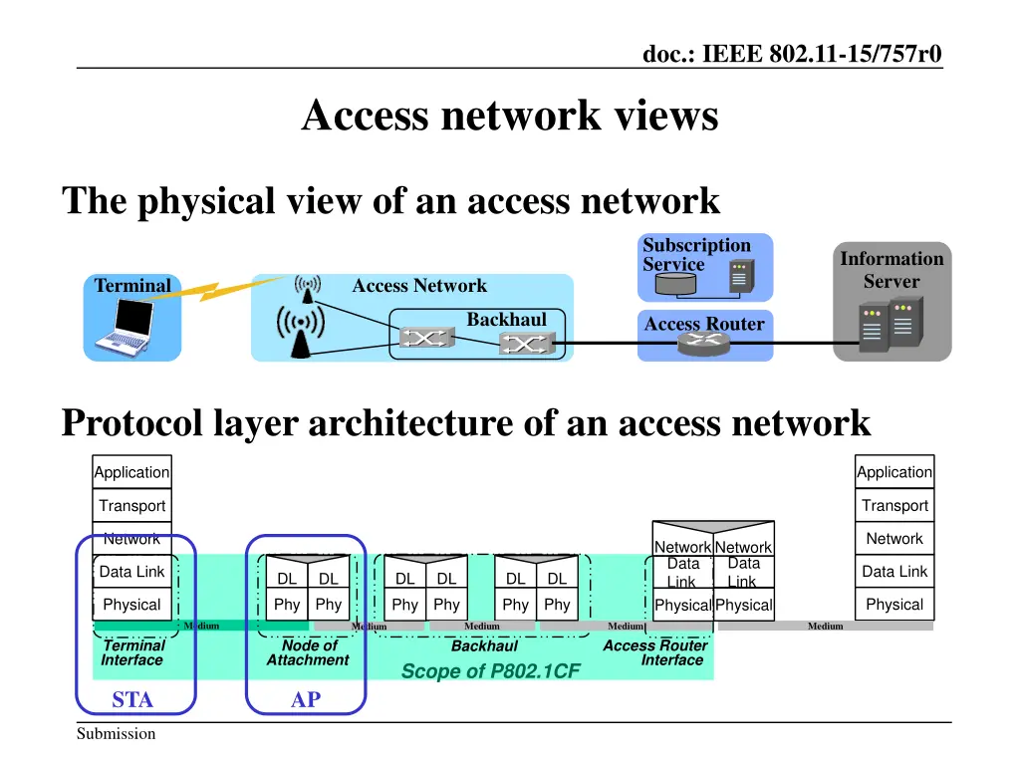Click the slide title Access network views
[x=509, y=116]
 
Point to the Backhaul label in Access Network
[x=506, y=319]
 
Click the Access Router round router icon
[x=704, y=344]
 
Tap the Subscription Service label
[x=696, y=255]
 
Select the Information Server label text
[x=892, y=270]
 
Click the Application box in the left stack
[x=131, y=472]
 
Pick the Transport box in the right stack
[x=894, y=505]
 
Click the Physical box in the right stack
[x=894, y=605]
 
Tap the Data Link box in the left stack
[x=131, y=572]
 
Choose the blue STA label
[x=132, y=700]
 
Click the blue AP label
[x=306, y=700]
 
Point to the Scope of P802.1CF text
[x=489, y=671]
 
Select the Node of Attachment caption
[x=308, y=652]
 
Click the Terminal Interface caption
[x=133, y=652]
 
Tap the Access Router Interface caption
[x=655, y=652]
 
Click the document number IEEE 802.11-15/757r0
[x=792, y=53]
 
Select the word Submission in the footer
[x=117, y=734]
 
